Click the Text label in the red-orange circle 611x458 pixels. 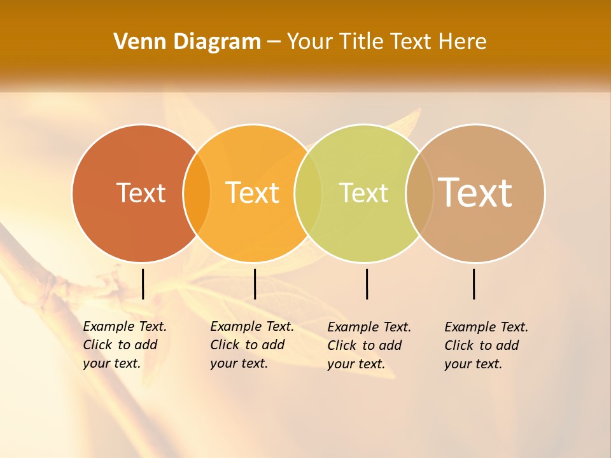141,193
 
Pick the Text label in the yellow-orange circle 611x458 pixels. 253,193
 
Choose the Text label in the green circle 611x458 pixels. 364,193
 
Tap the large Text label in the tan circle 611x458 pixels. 475,192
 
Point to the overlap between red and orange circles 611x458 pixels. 197,193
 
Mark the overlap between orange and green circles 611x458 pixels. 308,193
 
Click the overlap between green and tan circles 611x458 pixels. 419,193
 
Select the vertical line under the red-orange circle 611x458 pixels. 143,284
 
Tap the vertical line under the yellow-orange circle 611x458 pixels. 255,284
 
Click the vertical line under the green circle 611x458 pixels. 367,284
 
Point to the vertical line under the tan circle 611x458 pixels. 474,284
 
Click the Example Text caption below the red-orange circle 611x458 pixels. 125,345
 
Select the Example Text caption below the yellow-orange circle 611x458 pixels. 252,345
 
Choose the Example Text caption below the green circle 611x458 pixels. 369,345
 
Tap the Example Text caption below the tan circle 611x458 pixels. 486,345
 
